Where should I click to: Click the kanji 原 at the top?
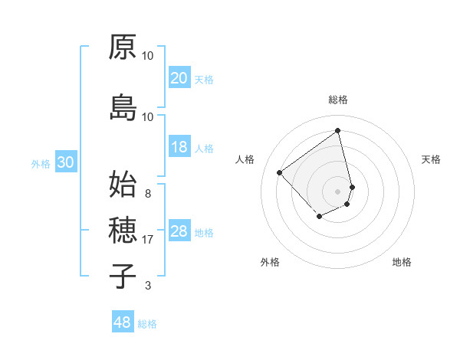tap(123, 47)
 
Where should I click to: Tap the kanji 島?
tap(123, 107)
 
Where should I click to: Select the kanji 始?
tap(123, 184)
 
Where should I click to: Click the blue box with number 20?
tap(179, 78)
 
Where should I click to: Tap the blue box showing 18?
tap(179, 148)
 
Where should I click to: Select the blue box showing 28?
tap(179, 232)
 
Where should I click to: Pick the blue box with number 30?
tap(65, 163)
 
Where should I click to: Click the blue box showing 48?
tap(123, 322)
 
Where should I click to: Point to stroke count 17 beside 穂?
tap(148, 240)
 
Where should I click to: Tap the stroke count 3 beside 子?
tap(148, 286)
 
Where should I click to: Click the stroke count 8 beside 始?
tap(148, 193)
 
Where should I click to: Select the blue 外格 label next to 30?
tap(41, 164)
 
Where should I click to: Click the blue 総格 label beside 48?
tap(147, 324)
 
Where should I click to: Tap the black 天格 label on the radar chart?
tap(431, 159)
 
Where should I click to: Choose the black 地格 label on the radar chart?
tap(402, 262)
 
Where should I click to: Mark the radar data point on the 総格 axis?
tap(337, 129)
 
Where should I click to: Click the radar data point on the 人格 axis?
tap(280, 173)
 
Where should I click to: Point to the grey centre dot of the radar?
tap(337, 191)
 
